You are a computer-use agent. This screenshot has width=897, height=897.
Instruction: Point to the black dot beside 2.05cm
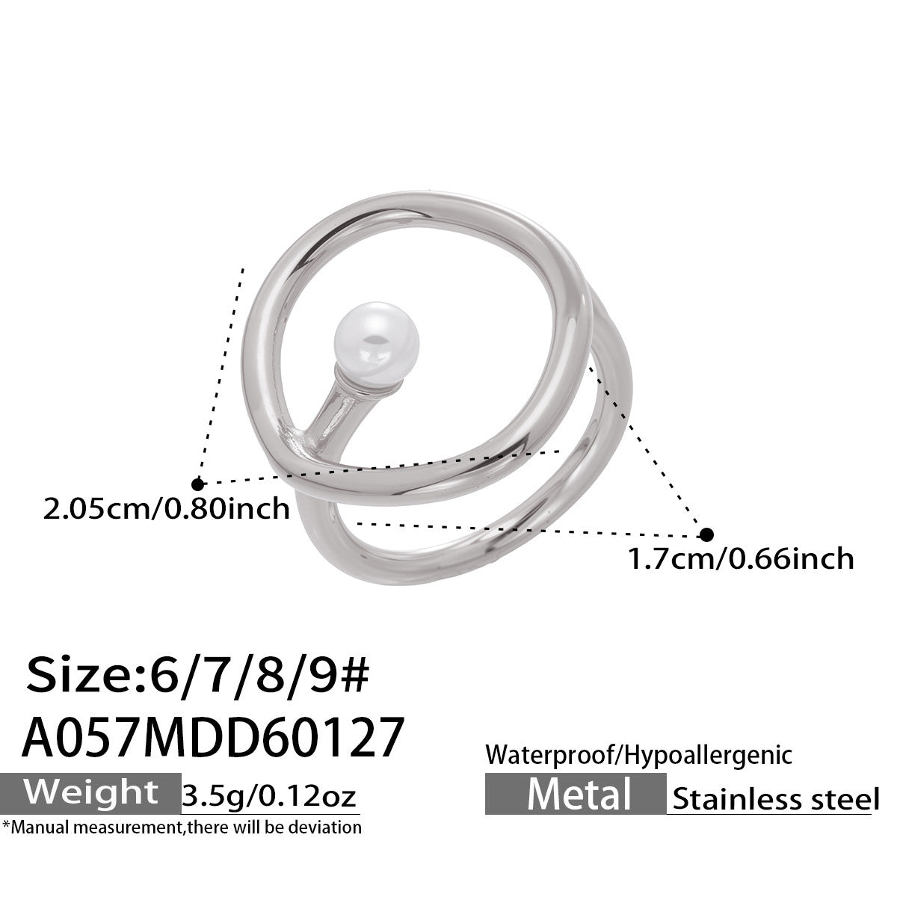pyautogui.click(x=198, y=484)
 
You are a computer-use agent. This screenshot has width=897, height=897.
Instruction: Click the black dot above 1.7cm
pyautogui.click(x=706, y=534)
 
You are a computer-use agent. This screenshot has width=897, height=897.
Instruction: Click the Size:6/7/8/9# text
pyautogui.click(x=198, y=677)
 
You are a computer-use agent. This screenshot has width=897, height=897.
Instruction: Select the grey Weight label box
pyautogui.click(x=90, y=792)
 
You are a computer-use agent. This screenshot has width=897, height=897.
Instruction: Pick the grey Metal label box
pyautogui.click(x=575, y=793)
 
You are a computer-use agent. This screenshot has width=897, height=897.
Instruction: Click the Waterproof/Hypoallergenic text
pyautogui.click(x=638, y=755)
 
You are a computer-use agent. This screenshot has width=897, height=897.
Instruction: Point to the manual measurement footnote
pyautogui.click(x=182, y=827)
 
